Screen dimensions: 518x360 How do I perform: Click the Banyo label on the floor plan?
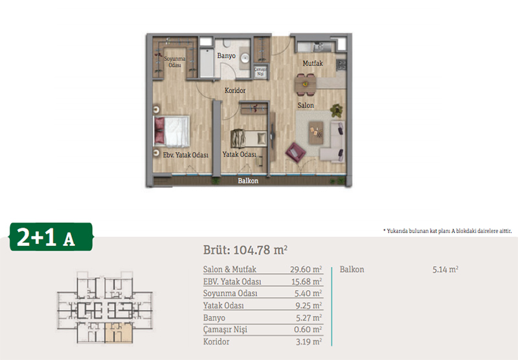click(226, 56)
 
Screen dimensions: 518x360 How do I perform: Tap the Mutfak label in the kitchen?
click(313, 63)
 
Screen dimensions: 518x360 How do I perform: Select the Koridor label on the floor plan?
click(235, 90)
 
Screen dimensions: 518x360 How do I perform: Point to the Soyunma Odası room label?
click(175, 62)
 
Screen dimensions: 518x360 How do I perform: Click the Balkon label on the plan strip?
click(248, 181)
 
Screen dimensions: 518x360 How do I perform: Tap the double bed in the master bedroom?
click(172, 131)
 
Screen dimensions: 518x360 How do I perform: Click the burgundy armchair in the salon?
click(296, 152)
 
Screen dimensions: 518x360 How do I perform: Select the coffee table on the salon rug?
click(316, 133)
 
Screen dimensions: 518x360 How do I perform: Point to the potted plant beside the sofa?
click(336, 110)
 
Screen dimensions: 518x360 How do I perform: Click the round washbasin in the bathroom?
click(245, 58)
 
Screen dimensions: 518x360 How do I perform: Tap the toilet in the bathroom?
click(227, 43)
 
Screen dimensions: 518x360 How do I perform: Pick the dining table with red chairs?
click(306, 85)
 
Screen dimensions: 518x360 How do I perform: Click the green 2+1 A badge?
click(51, 237)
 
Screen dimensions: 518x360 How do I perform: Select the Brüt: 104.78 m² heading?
click(245, 250)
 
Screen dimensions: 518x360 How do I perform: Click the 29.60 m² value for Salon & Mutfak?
click(306, 269)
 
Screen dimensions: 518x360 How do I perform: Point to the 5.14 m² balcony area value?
click(445, 269)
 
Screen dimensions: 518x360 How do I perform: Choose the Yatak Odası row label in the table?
click(223, 306)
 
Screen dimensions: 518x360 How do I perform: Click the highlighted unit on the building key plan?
click(118, 333)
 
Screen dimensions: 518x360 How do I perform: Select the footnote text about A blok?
click(447, 231)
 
